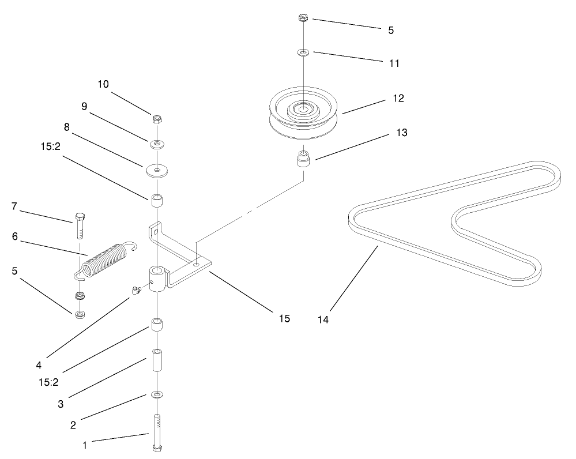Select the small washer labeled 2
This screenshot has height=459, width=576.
pos(157,394)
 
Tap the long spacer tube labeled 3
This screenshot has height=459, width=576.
pos(157,362)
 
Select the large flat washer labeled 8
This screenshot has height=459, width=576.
pos(156,171)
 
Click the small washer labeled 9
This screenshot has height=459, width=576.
pos(156,143)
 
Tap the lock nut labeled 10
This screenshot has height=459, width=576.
pos(156,120)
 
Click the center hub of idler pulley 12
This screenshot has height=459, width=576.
pos(303,108)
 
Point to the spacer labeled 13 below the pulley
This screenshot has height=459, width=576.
pos(303,159)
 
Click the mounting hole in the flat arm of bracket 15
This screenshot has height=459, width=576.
pos(197,264)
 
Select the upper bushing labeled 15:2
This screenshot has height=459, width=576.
pos(156,202)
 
